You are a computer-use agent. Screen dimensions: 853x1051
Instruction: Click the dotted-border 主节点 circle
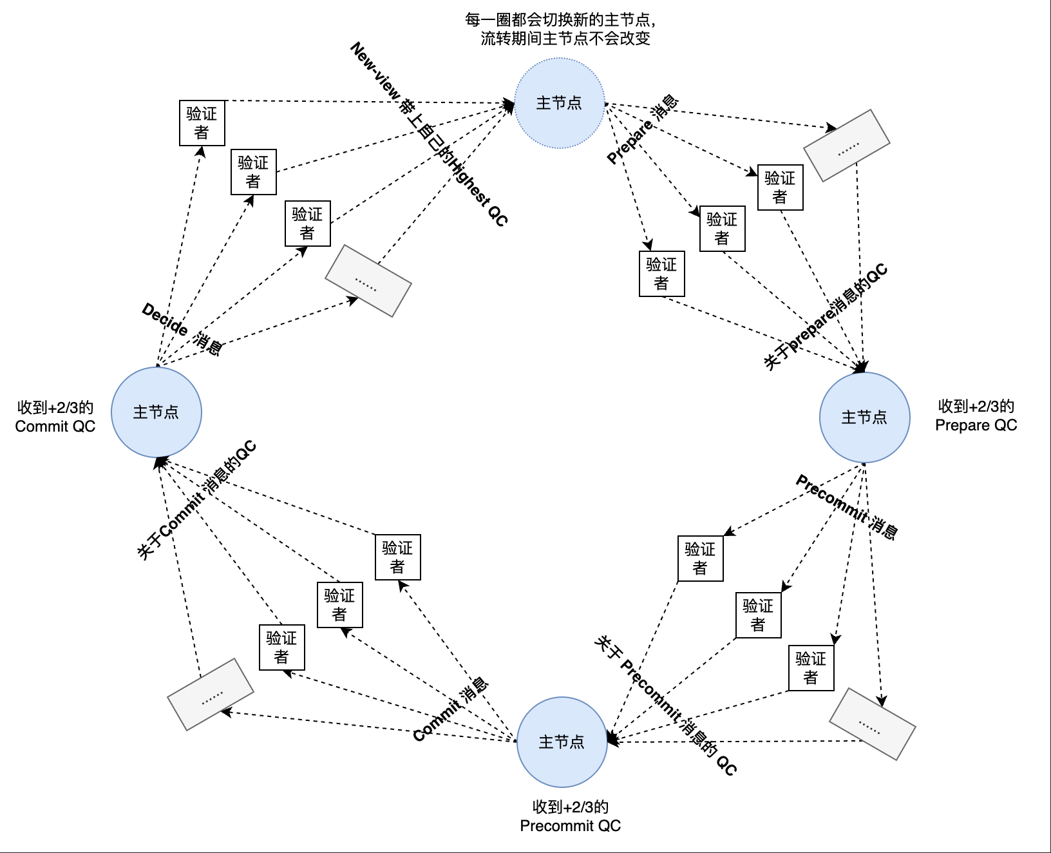pos(559,103)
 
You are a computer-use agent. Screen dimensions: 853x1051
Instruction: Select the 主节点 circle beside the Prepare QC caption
pos(864,417)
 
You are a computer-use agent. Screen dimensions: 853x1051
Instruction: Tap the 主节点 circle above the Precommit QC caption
pos(562,742)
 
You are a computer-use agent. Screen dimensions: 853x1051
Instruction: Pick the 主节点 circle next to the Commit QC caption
pos(156,412)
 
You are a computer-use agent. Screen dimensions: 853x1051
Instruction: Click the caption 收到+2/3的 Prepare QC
pos(976,416)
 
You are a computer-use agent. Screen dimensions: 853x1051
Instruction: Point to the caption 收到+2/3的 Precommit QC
pos(570,816)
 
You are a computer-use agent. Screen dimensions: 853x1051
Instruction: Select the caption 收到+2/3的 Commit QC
pos(55,417)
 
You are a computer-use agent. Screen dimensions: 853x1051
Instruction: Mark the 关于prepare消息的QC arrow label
pos(826,316)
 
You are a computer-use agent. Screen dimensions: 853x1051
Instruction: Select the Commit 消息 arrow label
pos(451,709)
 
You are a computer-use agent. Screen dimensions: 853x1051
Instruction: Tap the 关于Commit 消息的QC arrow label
pos(196,500)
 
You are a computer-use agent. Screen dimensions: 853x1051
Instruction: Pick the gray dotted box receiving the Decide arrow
pos(368,280)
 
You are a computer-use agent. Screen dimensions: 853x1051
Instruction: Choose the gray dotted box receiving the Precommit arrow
pos(873,724)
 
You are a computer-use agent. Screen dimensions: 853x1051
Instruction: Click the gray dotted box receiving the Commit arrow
pos(210,694)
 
